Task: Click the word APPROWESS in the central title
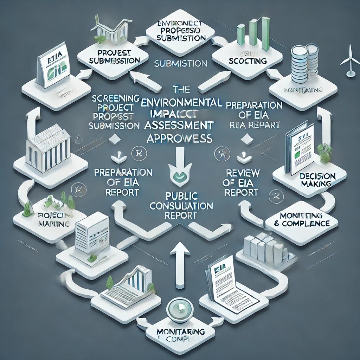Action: click(x=180, y=138)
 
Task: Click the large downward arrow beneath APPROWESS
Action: click(x=180, y=155)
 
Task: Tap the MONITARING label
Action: click(x=180, y=332)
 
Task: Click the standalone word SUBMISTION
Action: click(x=180, y=64)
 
